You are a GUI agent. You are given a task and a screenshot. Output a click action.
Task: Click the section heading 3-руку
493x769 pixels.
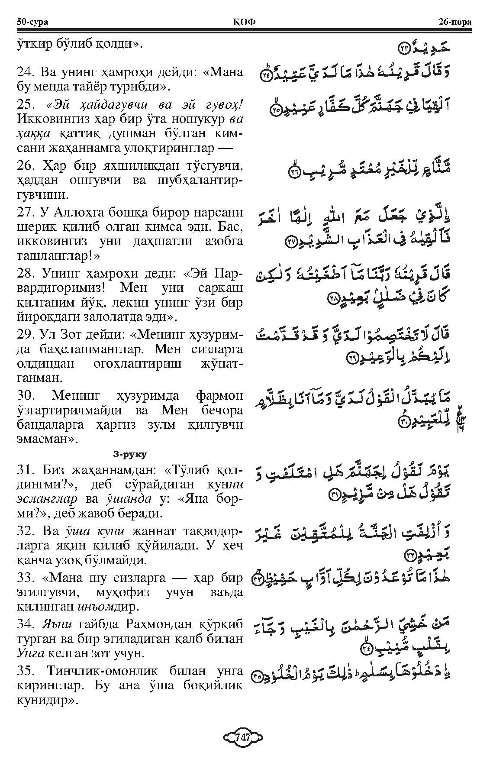click(x=129, y=454)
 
